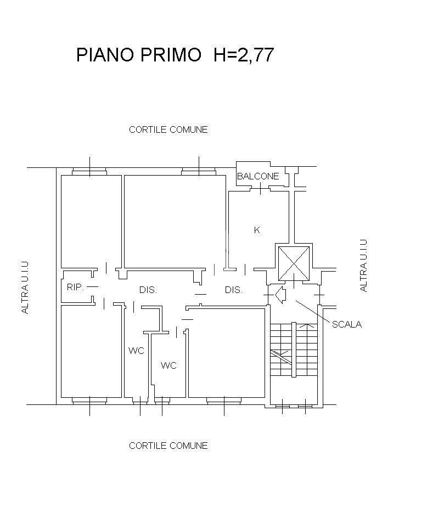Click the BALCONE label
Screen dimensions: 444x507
pos(258,176)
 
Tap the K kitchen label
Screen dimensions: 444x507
pos(257,230)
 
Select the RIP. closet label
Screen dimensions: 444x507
pos(75,287)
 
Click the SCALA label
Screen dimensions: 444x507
pos(347,324)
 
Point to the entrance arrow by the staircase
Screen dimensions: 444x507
pos(280,295)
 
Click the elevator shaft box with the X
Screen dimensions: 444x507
pos(294,263)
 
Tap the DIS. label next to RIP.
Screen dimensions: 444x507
pos(148,290)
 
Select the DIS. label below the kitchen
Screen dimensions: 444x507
pos(233,290)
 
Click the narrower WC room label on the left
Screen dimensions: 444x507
pos(136,351)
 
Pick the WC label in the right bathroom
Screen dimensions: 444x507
pos(168,365)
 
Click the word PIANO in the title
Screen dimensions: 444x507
pos(105,54)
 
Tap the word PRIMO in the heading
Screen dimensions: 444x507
pos(171,54)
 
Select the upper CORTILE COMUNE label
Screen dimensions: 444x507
pos(168,129)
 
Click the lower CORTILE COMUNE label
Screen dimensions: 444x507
pos(168,446)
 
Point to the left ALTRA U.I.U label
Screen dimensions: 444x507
pos(25,288)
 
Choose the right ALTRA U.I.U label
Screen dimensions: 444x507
pos(363,266)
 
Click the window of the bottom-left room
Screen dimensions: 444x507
pos(89,401)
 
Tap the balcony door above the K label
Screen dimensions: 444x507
pos(260,188)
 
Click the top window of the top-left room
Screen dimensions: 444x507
pos(89,171)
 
